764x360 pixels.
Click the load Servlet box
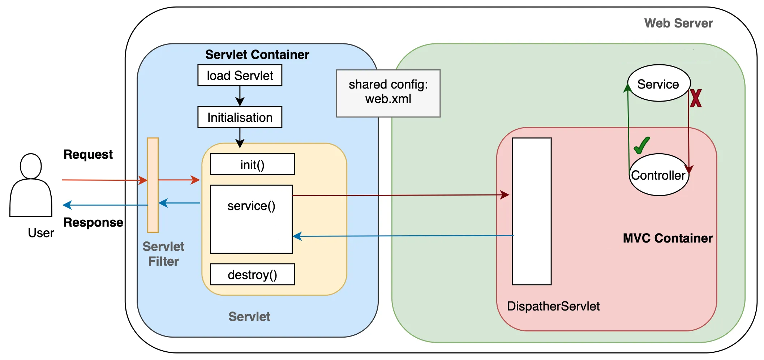(240, 75)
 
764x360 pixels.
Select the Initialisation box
(240, 117)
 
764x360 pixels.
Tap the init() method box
(252, 164)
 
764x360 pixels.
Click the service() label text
(251, 206)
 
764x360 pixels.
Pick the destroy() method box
(252, 275)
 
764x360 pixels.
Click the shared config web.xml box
(388, 93)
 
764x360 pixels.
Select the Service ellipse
(658, 83)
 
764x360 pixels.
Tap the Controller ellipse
(658, 175)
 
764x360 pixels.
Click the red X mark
(696, 98)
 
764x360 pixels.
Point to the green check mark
(642, 145)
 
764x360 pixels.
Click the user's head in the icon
(31, 166)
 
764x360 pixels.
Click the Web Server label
(678, 23)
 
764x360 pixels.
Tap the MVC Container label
(668, 238)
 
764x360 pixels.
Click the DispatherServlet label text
(553, 306)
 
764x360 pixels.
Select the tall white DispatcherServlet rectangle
(532, 211)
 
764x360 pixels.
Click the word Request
(88, 154)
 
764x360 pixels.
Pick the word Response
(93, 222)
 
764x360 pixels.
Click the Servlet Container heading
(257, 55)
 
